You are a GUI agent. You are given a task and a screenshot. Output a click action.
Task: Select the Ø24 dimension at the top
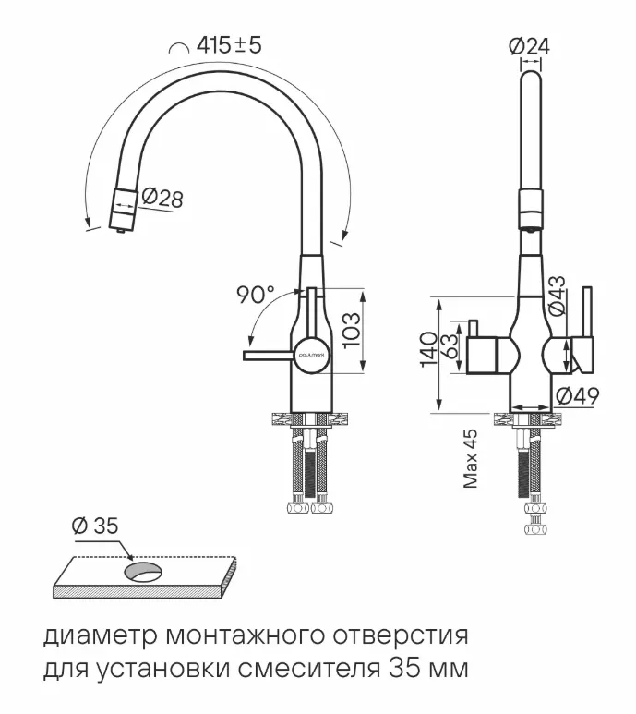click(x=529, y=45)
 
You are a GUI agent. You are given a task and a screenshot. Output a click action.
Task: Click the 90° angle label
click(x=255, y=296)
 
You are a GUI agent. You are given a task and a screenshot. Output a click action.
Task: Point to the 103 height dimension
click(x=352, y=330)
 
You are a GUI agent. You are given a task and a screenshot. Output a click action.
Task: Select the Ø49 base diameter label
click(x=578, y=396)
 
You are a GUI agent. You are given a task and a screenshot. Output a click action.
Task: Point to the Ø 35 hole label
click(x=94, y=526)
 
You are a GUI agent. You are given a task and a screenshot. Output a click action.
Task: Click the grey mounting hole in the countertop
click(x=143, y=573)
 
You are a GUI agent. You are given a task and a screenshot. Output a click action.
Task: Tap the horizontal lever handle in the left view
click(x=268, y=355)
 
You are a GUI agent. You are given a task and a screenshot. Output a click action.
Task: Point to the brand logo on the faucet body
click(x=309, y=354)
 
